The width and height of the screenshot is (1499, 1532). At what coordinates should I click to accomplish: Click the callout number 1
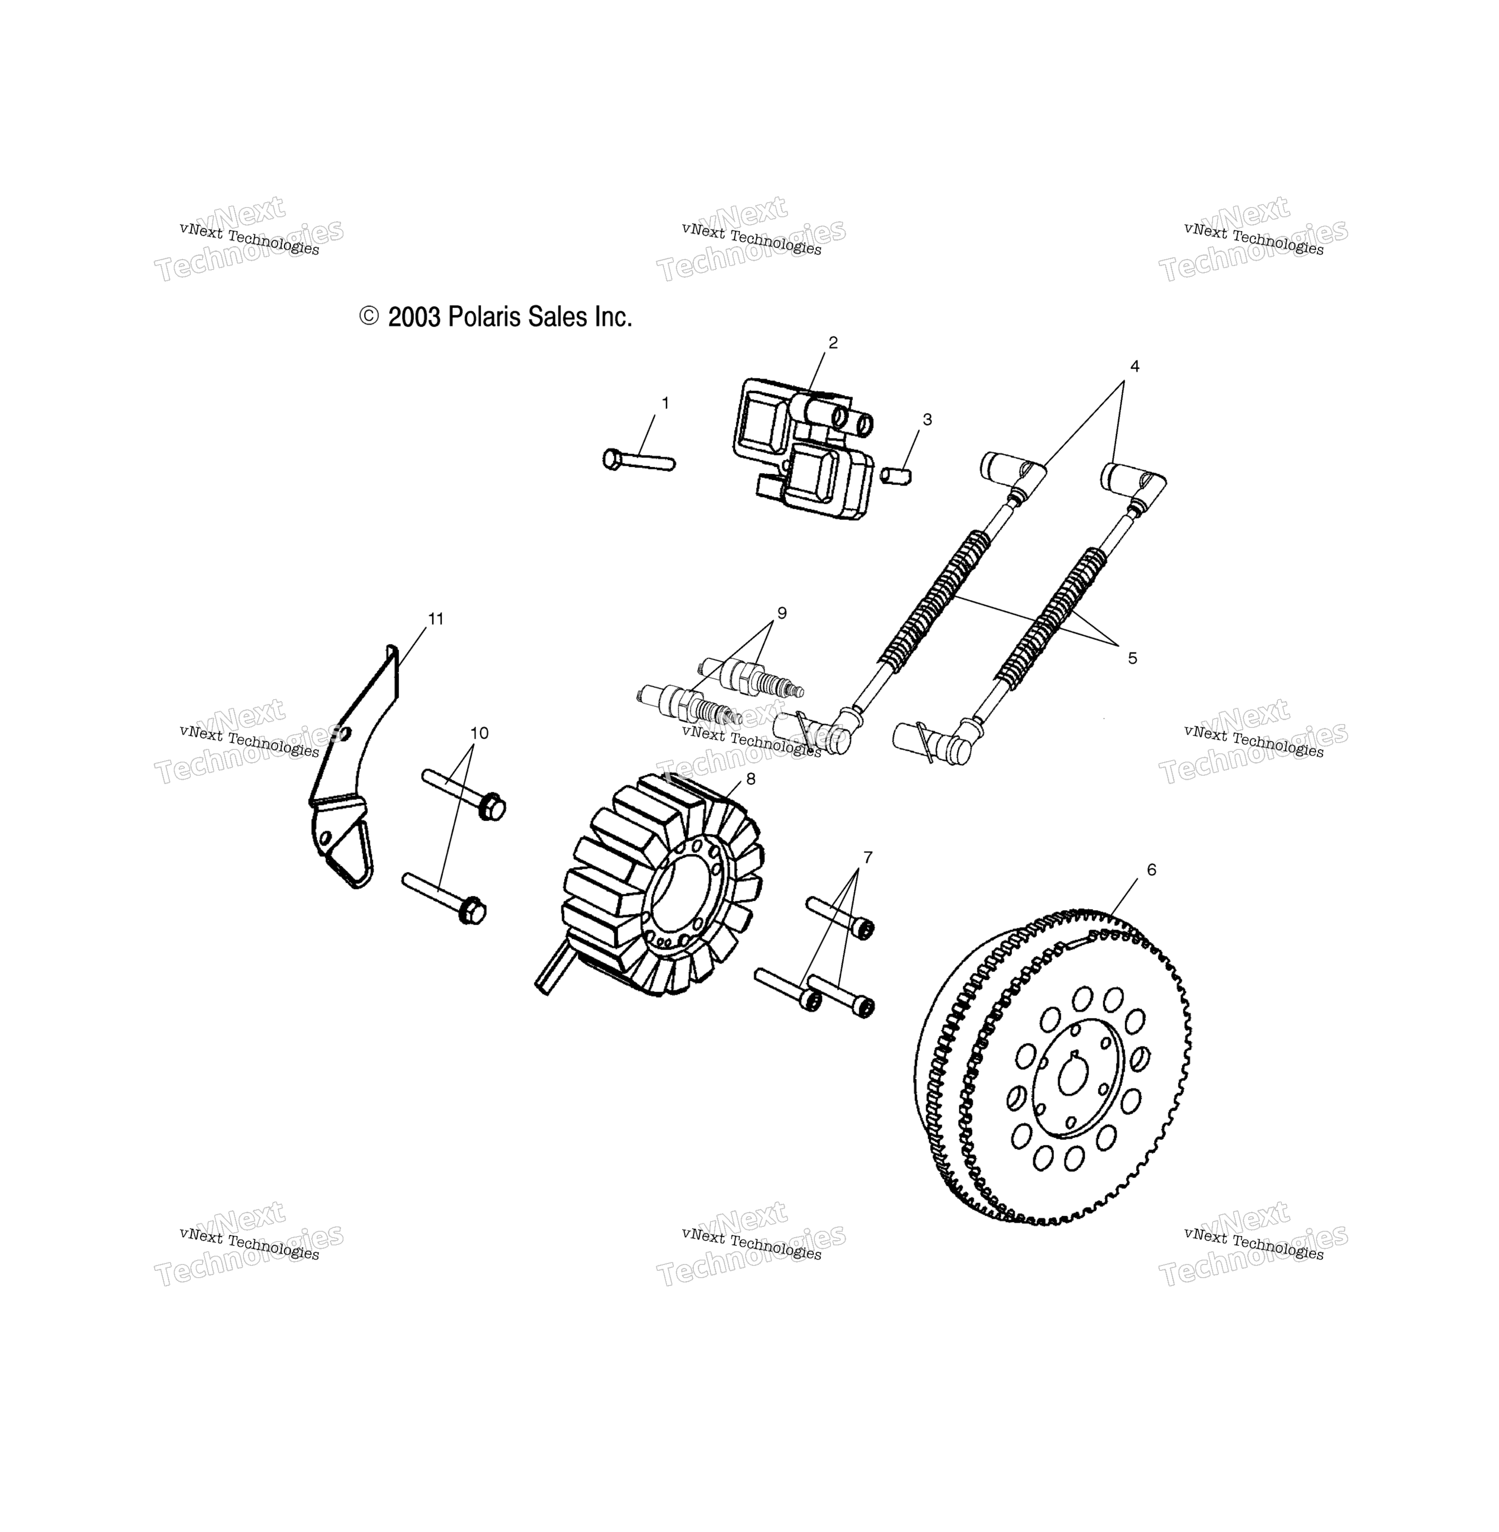665,403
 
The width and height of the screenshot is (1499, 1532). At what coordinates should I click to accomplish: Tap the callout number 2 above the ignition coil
833,343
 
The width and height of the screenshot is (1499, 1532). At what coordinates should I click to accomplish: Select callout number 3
928,420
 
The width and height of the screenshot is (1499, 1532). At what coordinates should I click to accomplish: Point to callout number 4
1134,366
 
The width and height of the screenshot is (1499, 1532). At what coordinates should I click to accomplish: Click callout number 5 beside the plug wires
1132,659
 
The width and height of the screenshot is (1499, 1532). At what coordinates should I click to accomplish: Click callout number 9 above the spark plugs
782,613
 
